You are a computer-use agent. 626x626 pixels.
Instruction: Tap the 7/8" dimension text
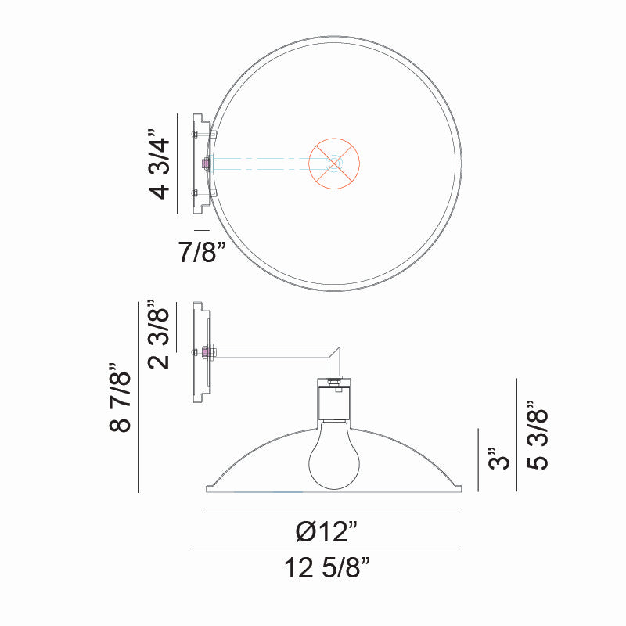point(201,253)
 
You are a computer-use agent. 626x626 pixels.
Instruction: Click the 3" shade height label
point(498,458)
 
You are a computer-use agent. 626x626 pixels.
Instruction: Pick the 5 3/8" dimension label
point(538,436)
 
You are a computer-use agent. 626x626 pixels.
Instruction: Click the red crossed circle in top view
point(334,164)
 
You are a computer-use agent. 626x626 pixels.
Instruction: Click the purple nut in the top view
point(206,164)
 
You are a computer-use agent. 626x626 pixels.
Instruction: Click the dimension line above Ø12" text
point(334,513)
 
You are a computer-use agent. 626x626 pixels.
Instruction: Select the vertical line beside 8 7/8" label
point(138,398)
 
